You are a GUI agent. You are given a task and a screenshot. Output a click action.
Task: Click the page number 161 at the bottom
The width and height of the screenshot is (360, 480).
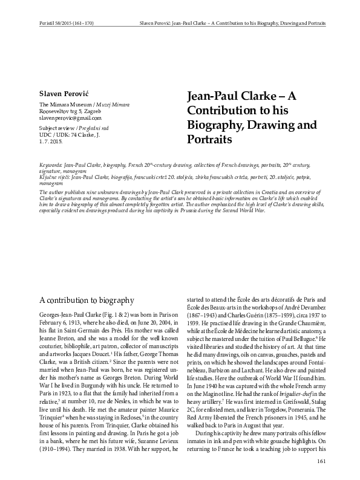(x=321, y=462)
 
